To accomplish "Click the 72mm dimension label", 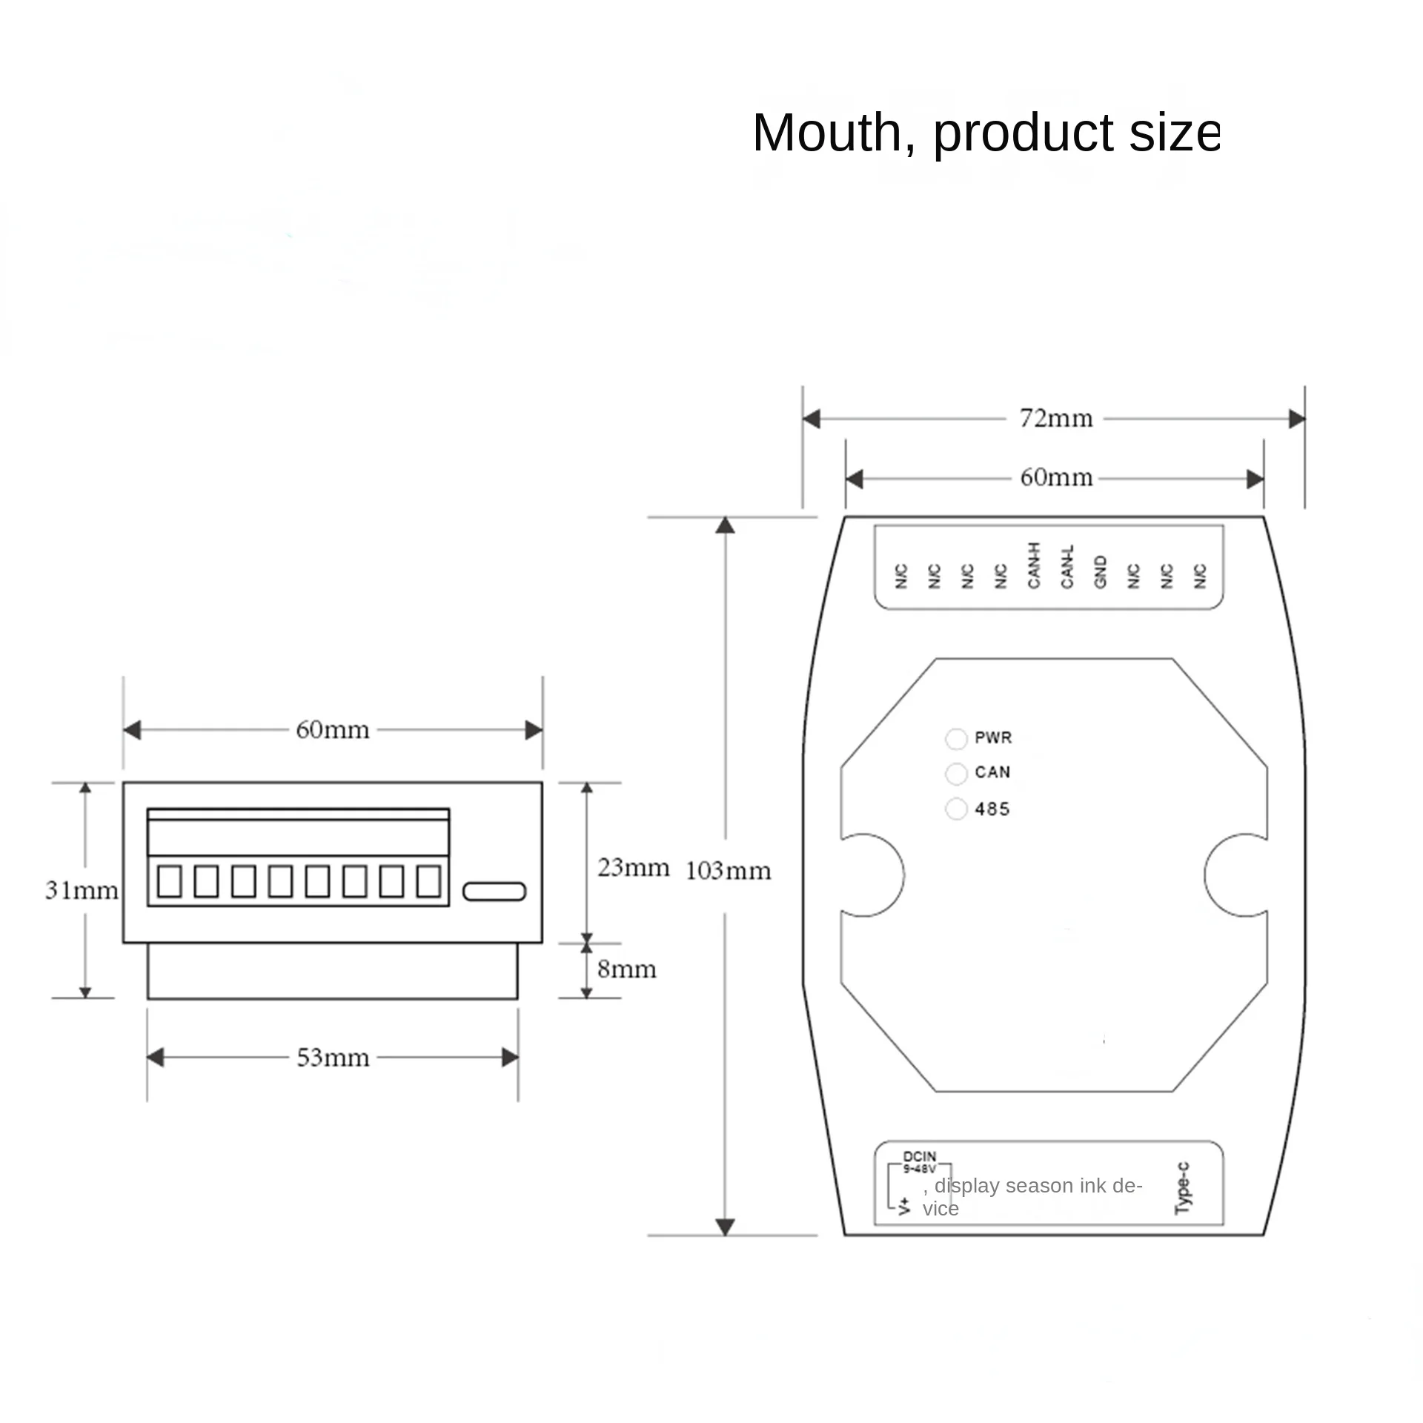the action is [1056, 419].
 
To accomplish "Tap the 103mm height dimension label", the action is [729, 871].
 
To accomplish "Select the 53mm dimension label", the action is [333, 1058].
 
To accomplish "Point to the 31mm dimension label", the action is [82, 890].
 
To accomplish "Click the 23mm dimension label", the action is [634, 867].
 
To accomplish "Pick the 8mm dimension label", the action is [627, 969].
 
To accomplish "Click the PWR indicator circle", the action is [956, 739].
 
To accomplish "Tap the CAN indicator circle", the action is [956, 774].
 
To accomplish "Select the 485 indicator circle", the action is [956, 809].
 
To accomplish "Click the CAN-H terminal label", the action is [1034, 565].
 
